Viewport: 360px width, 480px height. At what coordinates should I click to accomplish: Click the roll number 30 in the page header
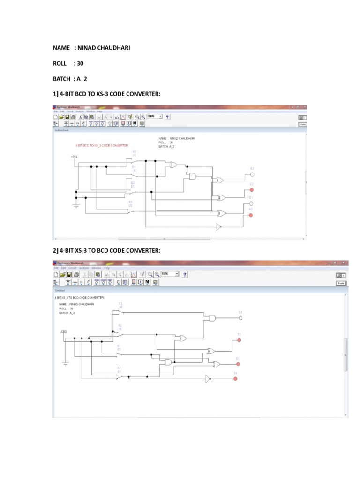82,63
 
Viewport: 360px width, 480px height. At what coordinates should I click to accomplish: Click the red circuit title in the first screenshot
101,146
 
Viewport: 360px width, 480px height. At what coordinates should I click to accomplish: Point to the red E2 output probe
252,190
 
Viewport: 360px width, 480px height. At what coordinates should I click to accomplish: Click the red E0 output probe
251,215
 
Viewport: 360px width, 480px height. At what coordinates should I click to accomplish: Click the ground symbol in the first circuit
75,204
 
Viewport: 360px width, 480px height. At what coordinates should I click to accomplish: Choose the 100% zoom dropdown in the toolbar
154,116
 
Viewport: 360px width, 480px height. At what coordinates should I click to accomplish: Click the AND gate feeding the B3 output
212,318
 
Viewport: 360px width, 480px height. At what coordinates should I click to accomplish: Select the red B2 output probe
239,340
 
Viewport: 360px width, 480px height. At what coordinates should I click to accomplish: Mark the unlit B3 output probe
240,318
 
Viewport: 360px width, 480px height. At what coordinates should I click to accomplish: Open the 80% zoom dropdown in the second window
170,273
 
